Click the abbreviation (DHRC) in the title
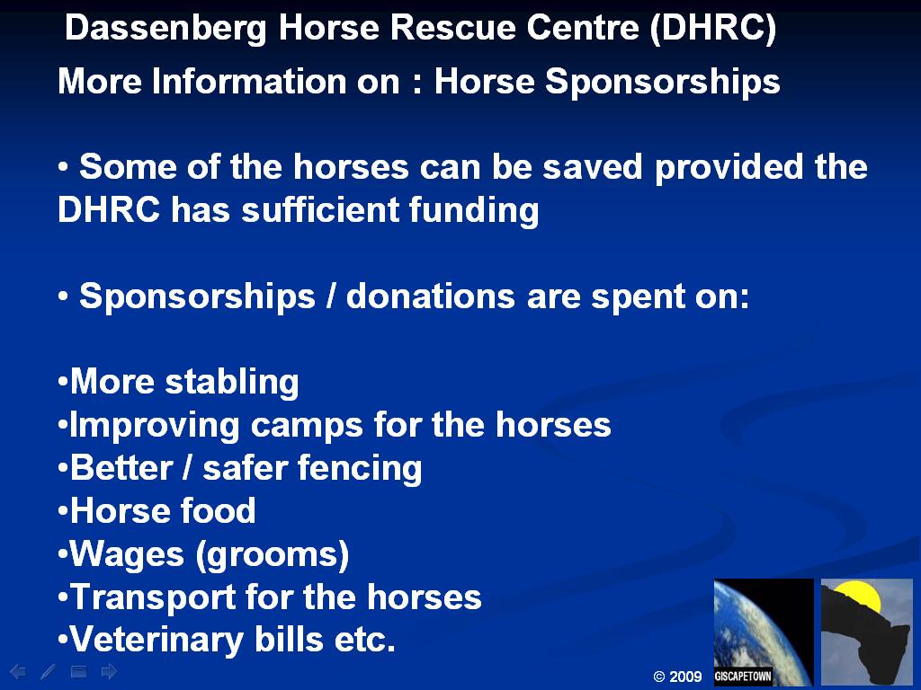pyautogui.click(x=713, y=28)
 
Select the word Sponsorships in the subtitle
pyautogui.click(x=662, y=82)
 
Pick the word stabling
pyautogui.click(x=232, y=382)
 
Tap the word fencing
pyautogui.click(x=360, y=469)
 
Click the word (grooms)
pyautogui.click(x=273, y=554)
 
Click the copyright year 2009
pyautogui.click(x=685, y=677)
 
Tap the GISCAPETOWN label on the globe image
pyautogui.click(x=742, y=676)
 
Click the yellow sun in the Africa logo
pyautogui.click(x=858, y=597)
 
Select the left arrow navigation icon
pyautogui.click(x=18, y=671)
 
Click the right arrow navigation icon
pyautogui.click(x=109, y=671)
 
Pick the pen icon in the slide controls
pyautogui.click(x=49, y=671)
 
